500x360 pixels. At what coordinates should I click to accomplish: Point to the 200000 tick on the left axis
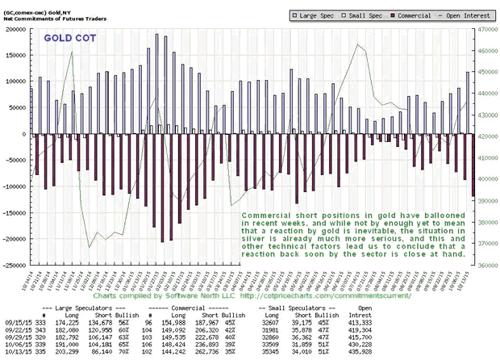pyautogui.click(x=15, y=29)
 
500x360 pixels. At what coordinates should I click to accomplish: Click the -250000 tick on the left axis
pyautogui.click(x=14, y=264)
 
